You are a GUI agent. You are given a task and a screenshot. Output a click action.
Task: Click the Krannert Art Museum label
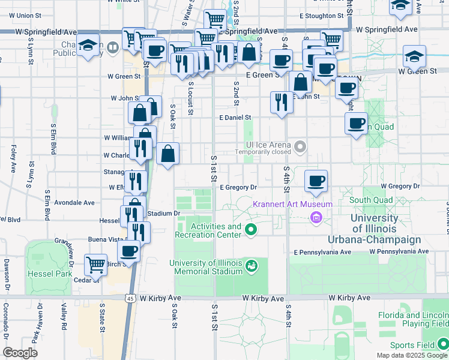click(x=292, y=204)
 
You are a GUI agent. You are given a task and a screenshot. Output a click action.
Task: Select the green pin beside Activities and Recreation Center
click(x=252, y=229)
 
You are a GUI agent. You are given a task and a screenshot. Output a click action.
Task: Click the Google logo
click(x=20, y=352)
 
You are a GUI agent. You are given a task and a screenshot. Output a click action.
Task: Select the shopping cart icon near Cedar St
click(x=95, y=264)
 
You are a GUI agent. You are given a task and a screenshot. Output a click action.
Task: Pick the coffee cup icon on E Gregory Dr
click(x=316, y=181)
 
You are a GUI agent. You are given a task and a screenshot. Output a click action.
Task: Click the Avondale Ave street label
click(x=74, y=203)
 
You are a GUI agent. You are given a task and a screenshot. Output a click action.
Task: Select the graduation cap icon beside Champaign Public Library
click(x=88, y=46)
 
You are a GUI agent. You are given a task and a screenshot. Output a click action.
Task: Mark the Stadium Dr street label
click(x=163, y=213)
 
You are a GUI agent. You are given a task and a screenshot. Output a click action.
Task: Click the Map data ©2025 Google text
click(x=411, y=355)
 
